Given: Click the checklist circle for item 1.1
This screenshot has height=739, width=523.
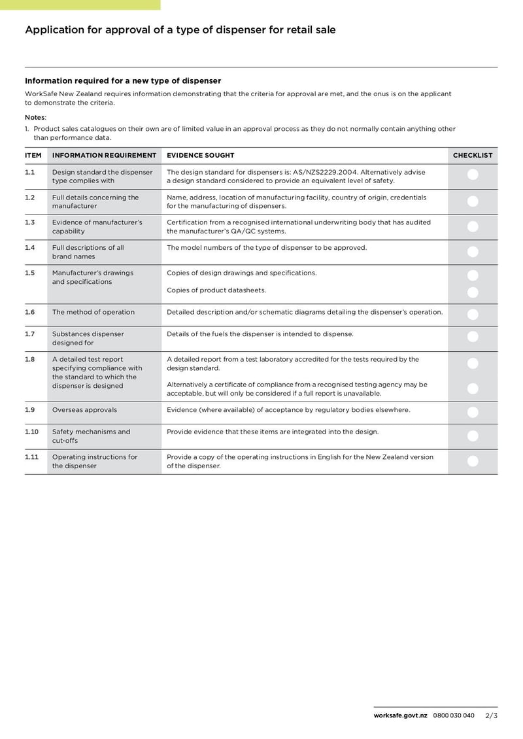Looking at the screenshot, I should pos(473,175).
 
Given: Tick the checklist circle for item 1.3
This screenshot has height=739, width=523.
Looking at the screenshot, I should pos(473,226).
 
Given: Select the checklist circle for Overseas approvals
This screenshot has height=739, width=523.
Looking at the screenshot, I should pos(473,412).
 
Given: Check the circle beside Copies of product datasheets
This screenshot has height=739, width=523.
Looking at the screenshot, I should pos(473,292).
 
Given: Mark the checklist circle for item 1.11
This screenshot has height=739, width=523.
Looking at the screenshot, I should pos(473,461).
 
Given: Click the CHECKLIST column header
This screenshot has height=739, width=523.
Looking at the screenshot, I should pos(473,156).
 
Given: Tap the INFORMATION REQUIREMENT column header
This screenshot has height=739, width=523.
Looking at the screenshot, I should pos(104,156).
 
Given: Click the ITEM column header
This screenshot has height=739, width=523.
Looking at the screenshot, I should pos(33,156).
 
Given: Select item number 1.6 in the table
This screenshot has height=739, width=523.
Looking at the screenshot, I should pos(29,312).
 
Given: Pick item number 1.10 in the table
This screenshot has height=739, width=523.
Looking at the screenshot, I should pos(31,432).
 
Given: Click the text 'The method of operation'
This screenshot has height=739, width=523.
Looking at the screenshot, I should pos(93,312).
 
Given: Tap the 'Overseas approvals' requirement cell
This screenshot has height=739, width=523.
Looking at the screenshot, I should pos(84,410).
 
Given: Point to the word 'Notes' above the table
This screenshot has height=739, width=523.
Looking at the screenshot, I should pos(35,117).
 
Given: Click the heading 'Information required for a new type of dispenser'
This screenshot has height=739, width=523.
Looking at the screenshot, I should pos(123,81).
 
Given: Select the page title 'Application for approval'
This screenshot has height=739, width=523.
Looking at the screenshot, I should pos(180,30).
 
